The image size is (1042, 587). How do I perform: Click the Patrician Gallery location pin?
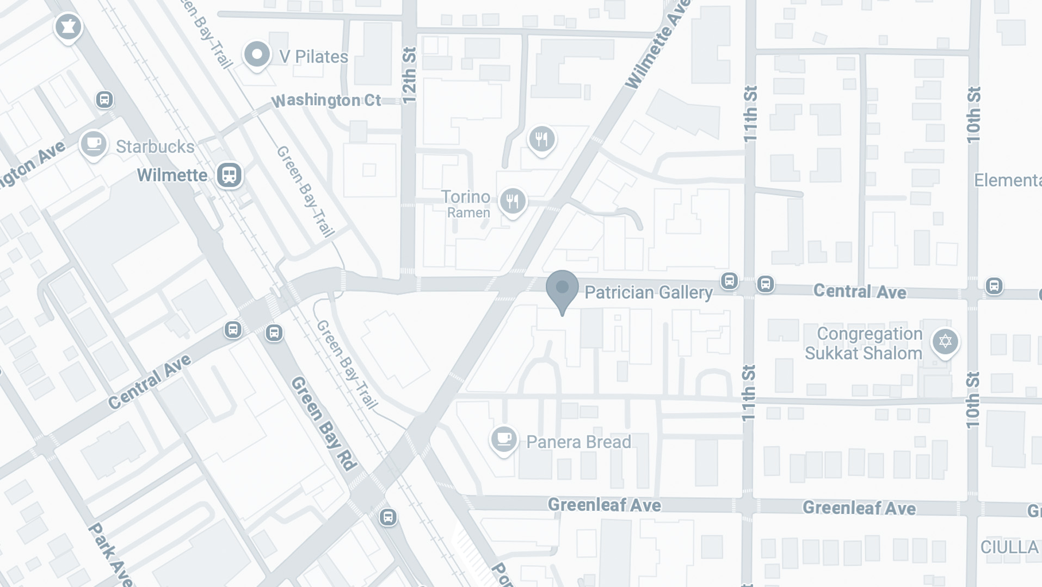562,289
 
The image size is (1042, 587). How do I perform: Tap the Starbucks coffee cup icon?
94,144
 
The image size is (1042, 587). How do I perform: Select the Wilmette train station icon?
229,175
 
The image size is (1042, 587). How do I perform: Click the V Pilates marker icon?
257,54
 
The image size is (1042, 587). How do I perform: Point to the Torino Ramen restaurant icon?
512,201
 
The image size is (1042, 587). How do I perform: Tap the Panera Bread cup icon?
503,439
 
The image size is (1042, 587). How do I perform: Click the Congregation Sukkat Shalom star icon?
945,341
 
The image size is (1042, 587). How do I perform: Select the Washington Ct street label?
326,101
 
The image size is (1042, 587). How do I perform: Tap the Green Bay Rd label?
324,424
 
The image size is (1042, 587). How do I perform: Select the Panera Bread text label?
578,442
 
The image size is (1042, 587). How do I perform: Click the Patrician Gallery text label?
648,292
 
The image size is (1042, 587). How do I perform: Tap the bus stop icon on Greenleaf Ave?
388,517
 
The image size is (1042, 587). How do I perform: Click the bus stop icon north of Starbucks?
104,100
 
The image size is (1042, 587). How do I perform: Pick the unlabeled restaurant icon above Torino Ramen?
541,139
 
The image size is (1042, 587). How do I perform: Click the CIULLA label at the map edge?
1010,547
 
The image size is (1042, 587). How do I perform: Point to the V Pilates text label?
313,57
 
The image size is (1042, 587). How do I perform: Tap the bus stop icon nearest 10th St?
994,285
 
